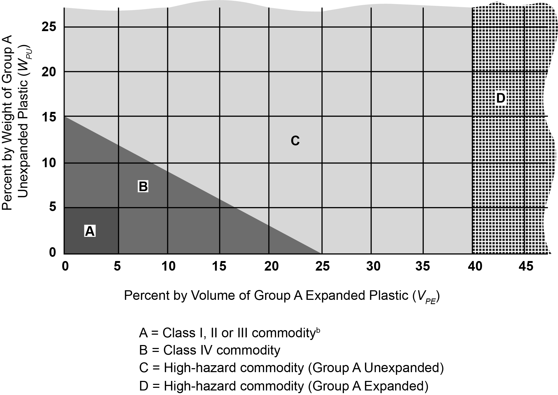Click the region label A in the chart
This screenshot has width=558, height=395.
[x=90, y=231]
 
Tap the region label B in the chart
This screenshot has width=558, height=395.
[x=143, y=186]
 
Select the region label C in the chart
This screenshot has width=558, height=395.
[x=295, y=141]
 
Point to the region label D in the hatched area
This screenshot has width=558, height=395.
[x=501, y=98]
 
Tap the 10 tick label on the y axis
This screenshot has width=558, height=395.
[x=49, y=163]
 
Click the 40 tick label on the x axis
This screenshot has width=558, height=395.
[x=475, y=266]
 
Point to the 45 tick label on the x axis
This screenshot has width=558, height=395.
[x=526, y=266]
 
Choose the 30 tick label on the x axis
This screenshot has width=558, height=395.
[x=373, y=266]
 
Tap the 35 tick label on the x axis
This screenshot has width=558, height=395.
[x=423, y=266]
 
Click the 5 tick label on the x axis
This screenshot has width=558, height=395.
[x=117, y=266]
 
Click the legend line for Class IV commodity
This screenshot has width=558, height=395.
[x=209, y=350]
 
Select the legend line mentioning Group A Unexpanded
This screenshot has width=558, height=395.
[x=291, y=368]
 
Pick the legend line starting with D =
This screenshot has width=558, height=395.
[x=284, y=386]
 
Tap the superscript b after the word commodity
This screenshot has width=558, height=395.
[x=318, y=330]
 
